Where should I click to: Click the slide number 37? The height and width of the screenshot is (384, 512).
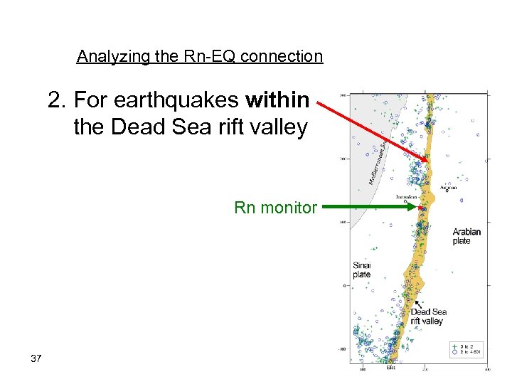36,358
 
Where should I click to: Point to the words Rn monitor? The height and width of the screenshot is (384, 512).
275,208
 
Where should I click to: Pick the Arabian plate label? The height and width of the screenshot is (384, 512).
466,236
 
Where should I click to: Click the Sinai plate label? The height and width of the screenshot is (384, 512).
362,270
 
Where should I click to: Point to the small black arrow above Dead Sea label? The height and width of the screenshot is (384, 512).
419,304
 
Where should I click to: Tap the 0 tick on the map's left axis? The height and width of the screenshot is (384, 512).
345,286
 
